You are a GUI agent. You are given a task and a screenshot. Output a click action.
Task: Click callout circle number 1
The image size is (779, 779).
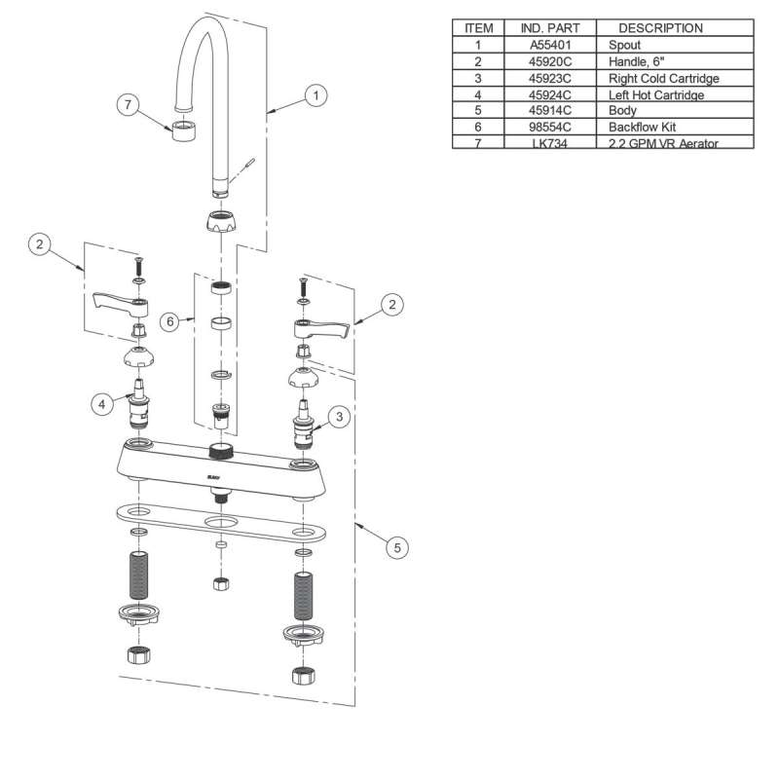(315, 95)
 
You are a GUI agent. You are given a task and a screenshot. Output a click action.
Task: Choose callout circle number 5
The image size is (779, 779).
(396, 548)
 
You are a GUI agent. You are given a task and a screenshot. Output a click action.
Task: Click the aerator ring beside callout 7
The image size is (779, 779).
(182, 130)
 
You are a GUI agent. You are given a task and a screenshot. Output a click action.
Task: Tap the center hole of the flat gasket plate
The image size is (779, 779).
(222, 523)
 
